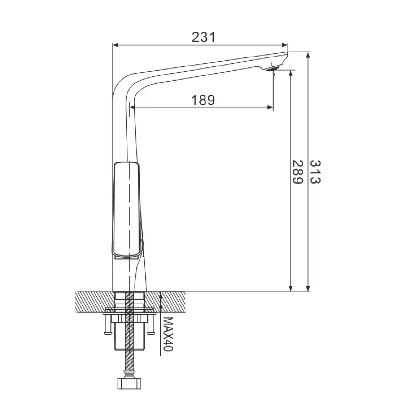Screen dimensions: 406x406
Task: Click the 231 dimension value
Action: click(x=204, y=37)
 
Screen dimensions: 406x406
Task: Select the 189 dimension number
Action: click(x=203, y=100)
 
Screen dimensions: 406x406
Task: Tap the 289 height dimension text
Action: click(x=297, y=172)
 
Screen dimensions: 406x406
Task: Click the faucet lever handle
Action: click(x=126, y=210)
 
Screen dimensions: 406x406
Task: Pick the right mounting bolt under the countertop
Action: click(x=150, y=325)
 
